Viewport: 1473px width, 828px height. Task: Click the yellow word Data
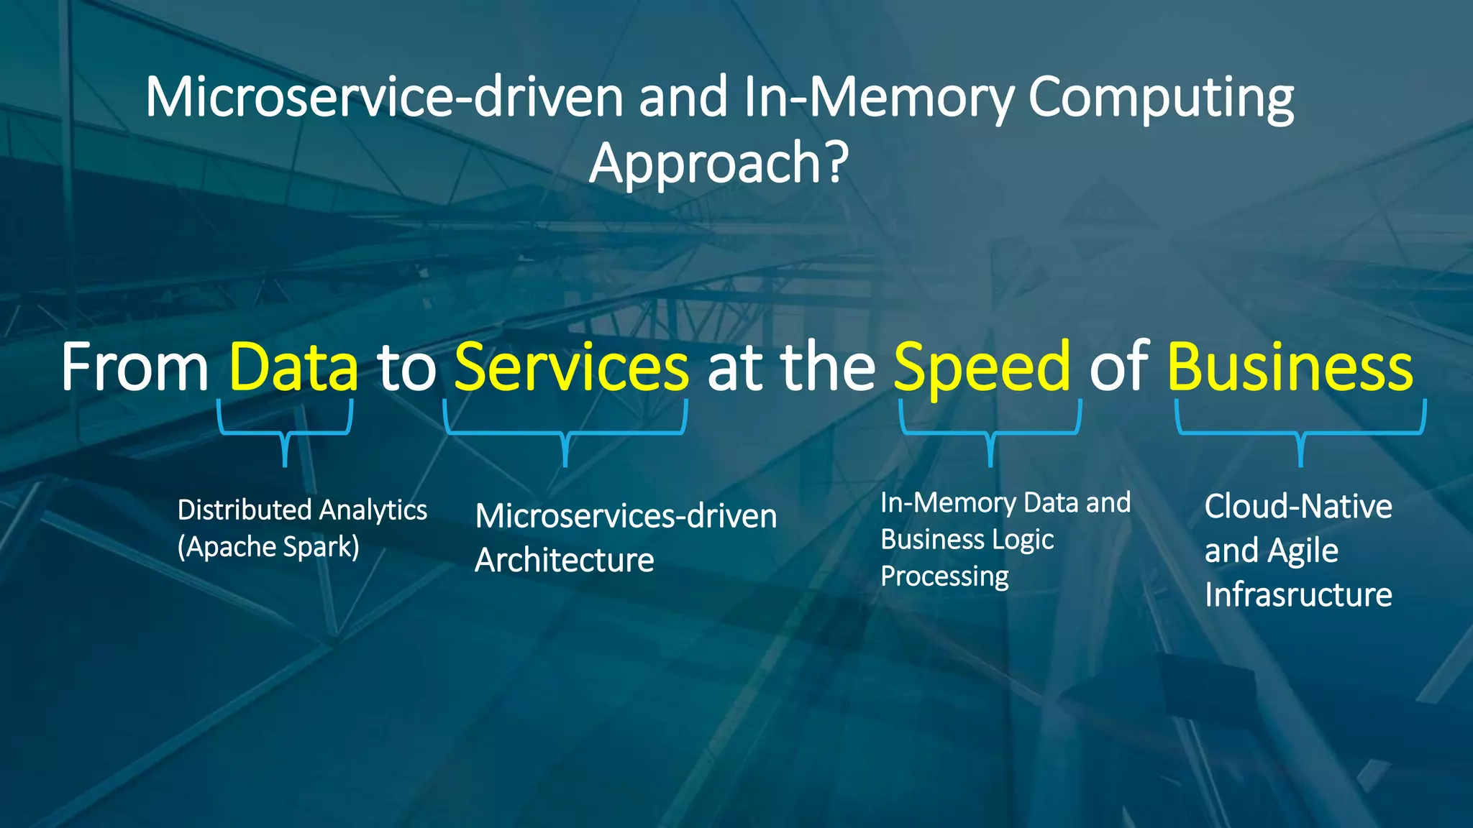(293, 367)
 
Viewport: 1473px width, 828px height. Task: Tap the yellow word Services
(572, 367)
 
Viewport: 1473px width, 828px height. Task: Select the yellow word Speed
(982, 367)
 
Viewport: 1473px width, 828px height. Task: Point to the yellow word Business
(1290, 367)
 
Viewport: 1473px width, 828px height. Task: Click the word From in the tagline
(134, 367)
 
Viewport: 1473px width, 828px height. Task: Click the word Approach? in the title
(719, 163)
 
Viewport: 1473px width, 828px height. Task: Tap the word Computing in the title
(1161, 98)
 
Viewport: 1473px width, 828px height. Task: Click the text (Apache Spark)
(268, 547)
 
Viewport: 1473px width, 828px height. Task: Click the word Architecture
(565, 560)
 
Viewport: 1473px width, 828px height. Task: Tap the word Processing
(944, 576)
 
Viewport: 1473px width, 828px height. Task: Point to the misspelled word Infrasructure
(1298, 594)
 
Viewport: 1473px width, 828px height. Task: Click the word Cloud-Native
(1298, 506)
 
